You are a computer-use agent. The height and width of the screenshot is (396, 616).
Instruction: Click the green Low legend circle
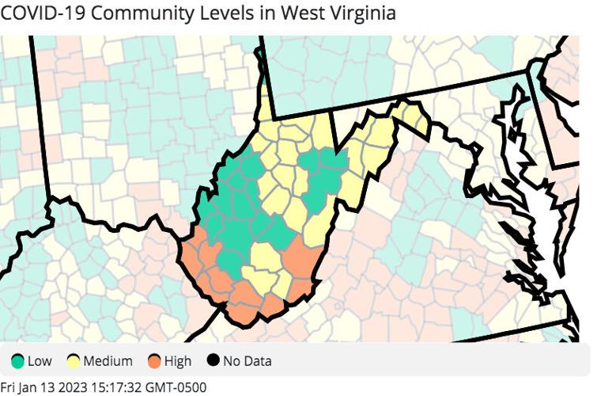pos(17,362)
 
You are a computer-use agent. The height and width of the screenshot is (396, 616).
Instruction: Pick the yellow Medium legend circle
pos(74,362)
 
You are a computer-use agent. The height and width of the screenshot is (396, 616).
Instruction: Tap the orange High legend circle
pos(154,362)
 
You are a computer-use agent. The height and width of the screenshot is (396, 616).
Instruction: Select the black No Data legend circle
pos(213,362)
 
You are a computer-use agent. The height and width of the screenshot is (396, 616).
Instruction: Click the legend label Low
pos(40,362)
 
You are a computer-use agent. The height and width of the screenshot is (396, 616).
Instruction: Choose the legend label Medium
pos(108,362)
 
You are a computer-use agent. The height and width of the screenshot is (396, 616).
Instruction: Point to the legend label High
pos(178,362)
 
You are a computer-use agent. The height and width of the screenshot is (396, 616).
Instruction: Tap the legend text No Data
pos(247,362)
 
